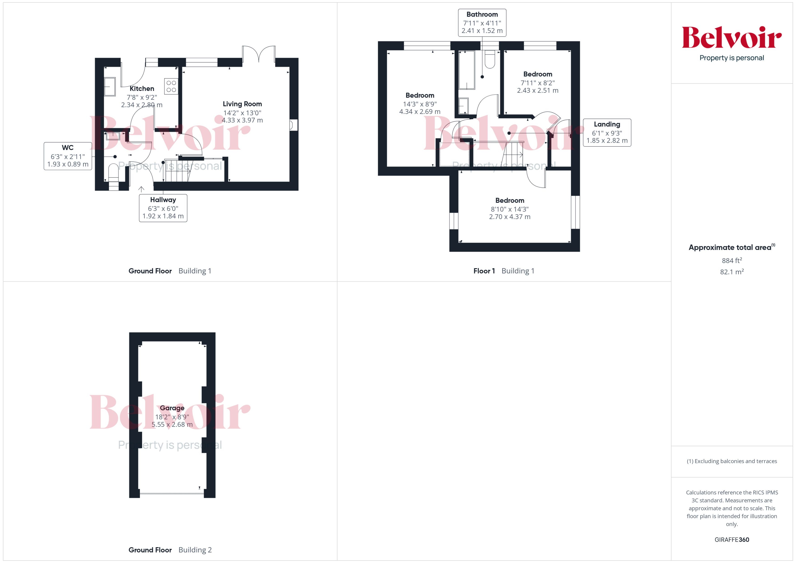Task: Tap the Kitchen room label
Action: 142,89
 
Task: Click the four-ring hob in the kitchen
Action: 171,86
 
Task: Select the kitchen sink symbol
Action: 110,87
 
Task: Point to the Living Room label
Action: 242,104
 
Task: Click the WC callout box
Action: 68,156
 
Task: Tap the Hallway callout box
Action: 163,208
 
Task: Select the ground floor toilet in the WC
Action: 113,172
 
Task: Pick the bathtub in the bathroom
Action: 466,70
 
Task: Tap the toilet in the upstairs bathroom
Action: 489,59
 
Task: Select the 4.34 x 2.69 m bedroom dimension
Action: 420,112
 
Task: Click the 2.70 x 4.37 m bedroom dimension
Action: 509,217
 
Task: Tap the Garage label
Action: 172,408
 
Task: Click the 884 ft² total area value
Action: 731,260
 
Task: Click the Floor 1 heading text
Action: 484,271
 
